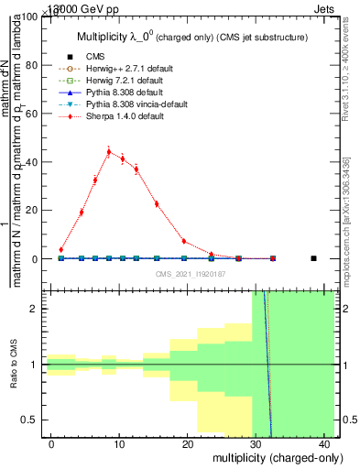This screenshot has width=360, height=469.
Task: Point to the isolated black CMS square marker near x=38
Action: click(x=313, y=258)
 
